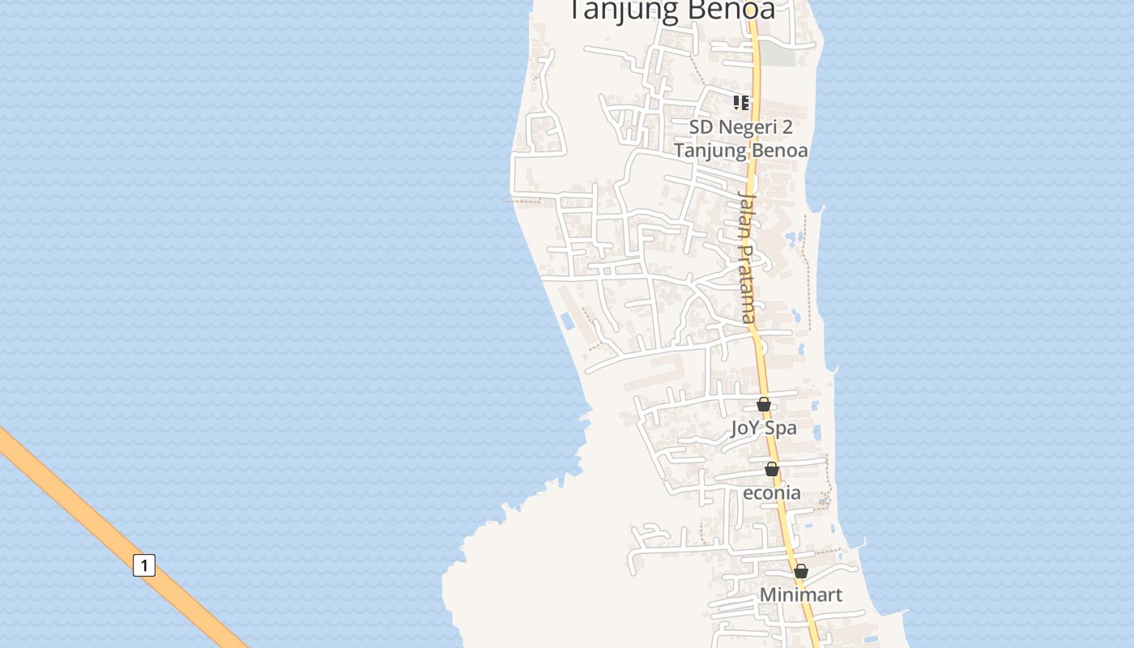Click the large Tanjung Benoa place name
pos(671,10)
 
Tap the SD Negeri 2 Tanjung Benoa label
pos(740,139)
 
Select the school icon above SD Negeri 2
pos(740,103)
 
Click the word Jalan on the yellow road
pos(746,216)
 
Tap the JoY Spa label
pos(764,428)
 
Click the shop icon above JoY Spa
pos(764,404)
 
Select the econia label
pos(772,492)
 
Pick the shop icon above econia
pos(772,469)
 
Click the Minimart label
pos(800,595)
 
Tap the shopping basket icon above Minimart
pos(801,571)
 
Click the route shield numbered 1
pos(143,565)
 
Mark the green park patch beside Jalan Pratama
pos(778,54)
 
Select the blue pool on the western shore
pos(567,321)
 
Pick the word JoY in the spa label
pos(745,428)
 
